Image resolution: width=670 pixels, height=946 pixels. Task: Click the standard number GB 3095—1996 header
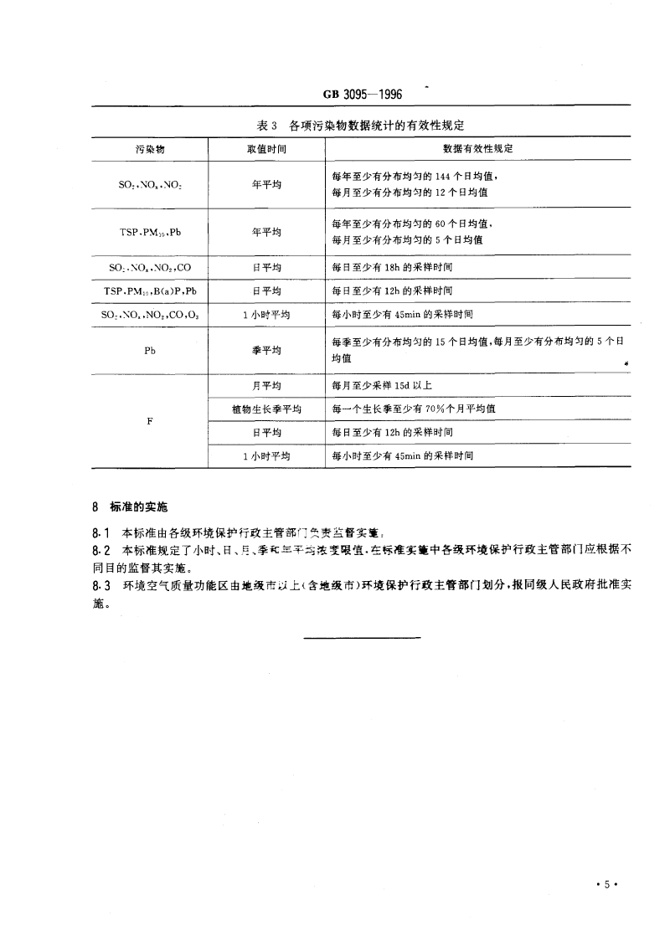363,95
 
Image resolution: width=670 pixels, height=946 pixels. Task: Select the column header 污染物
150,148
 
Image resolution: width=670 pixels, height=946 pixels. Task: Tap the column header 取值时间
266,148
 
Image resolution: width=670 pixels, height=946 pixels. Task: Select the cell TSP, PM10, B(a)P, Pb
150,291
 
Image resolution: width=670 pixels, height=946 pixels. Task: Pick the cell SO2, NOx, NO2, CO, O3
150,316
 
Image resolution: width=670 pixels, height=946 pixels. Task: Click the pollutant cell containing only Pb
150,351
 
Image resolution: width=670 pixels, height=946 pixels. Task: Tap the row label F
150,421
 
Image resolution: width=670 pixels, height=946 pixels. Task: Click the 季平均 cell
266,351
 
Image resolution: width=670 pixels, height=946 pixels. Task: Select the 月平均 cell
266,386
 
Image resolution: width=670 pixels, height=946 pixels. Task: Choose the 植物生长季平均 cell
266,409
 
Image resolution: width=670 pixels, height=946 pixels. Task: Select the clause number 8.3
100,586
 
